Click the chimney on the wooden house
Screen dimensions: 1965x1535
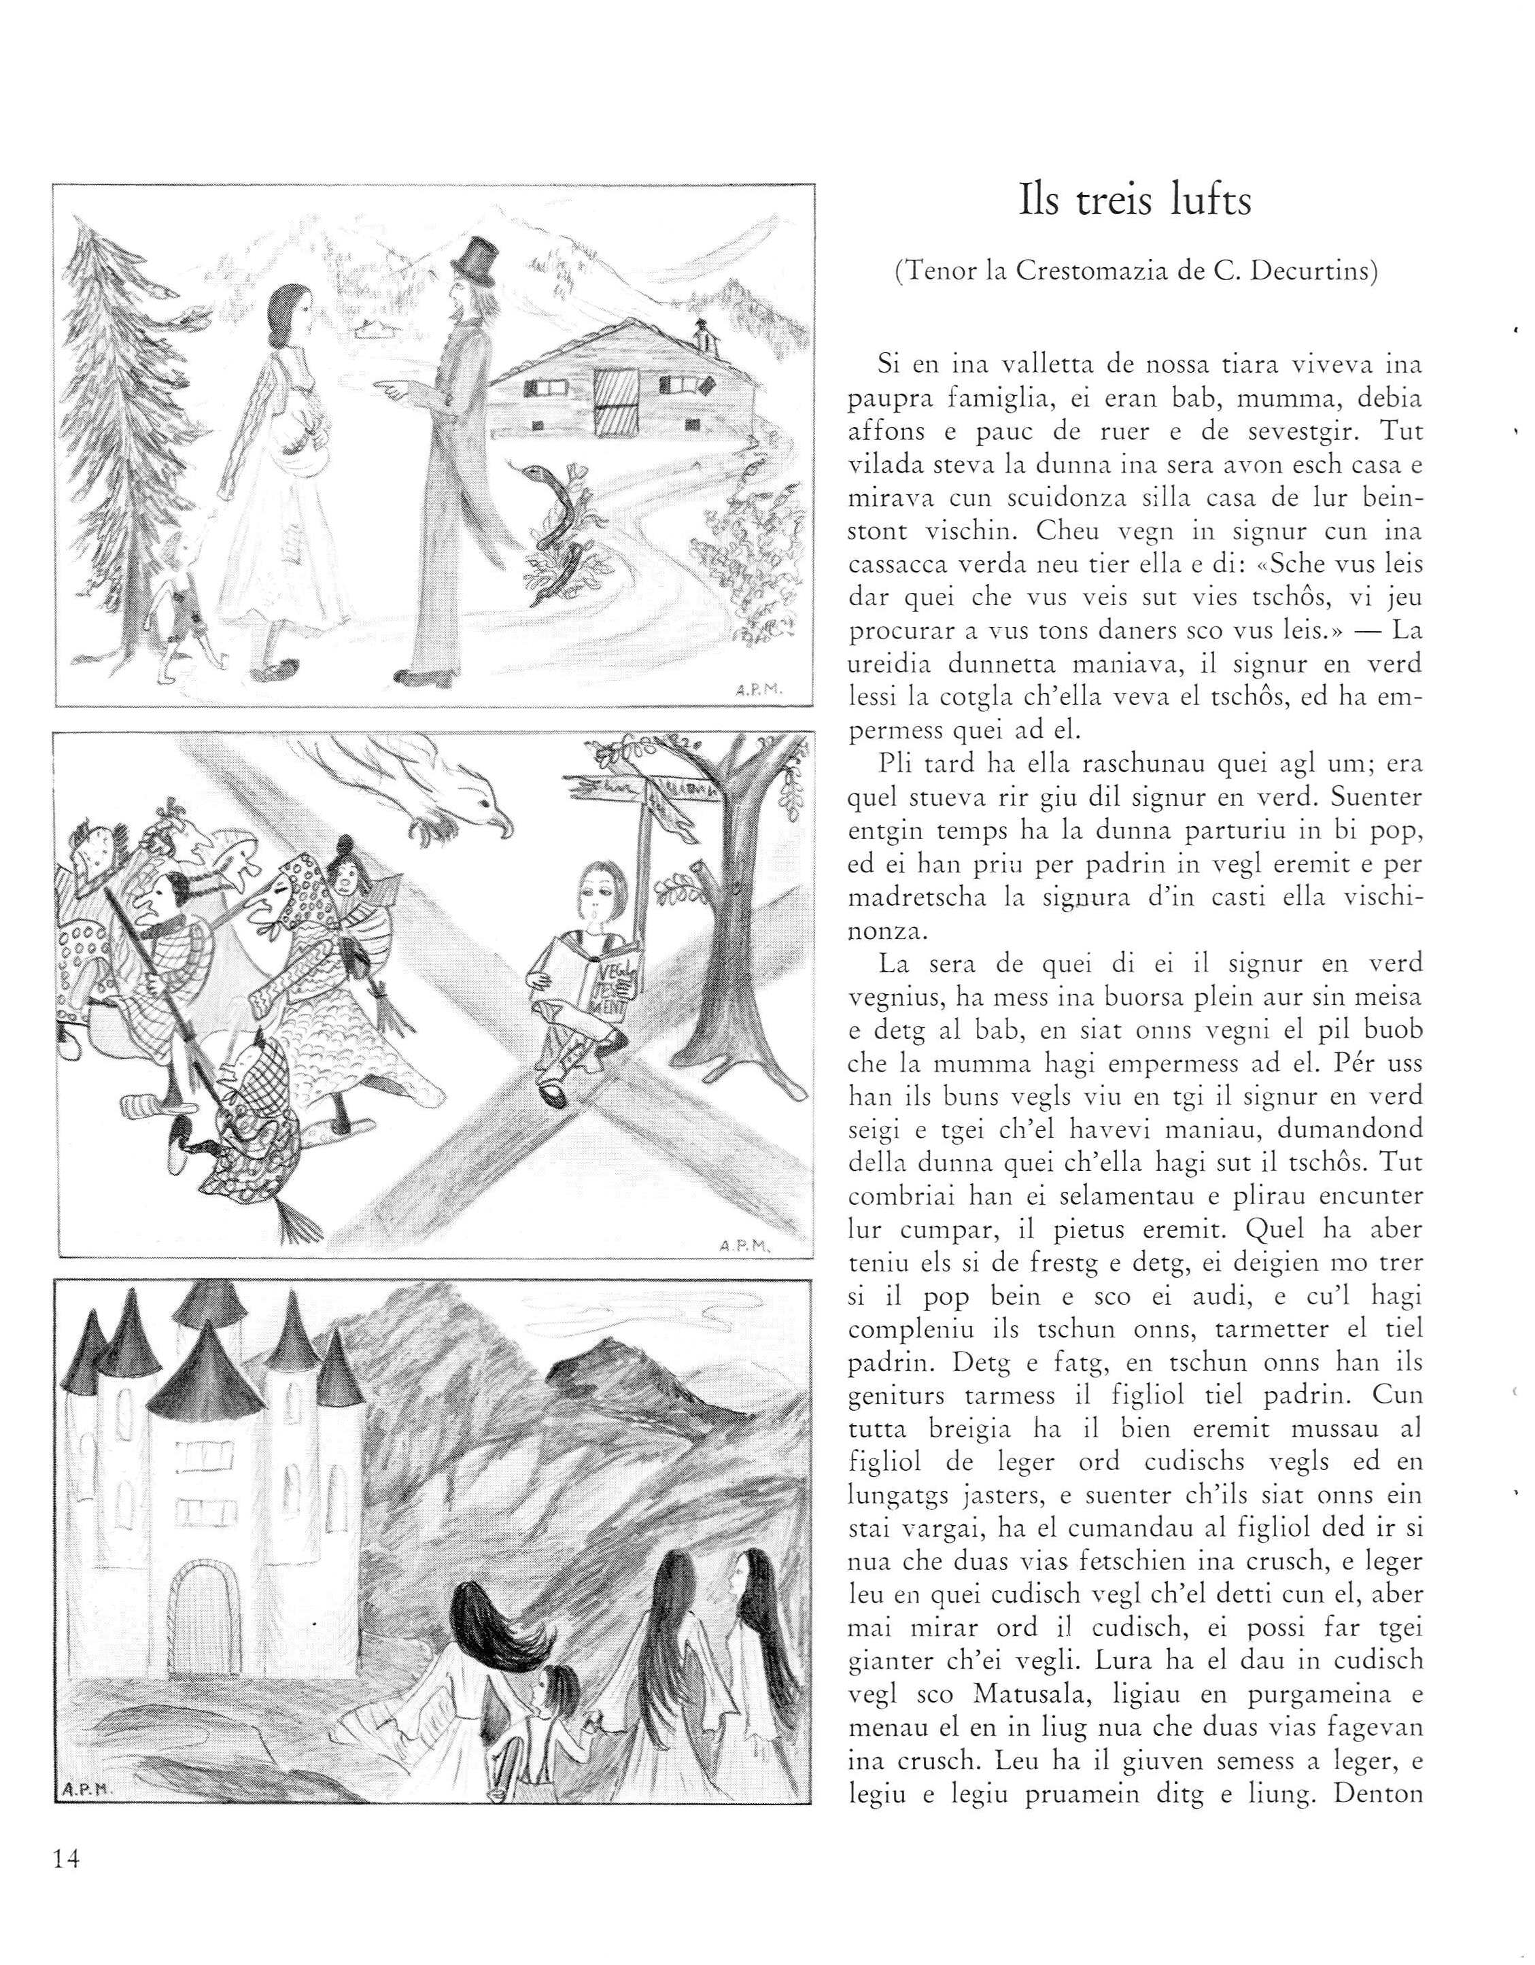click(x=704, y=337)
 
